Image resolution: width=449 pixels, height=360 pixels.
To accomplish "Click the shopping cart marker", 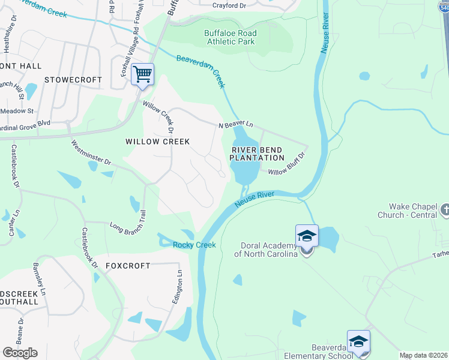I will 142,75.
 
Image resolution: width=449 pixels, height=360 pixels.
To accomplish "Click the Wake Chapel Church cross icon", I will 444,210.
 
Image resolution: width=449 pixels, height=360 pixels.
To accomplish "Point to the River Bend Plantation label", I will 257,154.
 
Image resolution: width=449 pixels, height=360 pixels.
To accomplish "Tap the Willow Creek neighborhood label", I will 157,142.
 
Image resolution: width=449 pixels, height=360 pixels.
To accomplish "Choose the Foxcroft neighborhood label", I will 128,266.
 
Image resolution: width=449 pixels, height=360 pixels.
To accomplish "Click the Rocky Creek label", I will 194,245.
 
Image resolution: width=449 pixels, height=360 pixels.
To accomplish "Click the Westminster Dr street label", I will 91,153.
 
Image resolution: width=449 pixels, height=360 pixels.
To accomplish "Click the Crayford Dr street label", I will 230,5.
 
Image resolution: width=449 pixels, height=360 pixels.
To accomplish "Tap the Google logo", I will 20,353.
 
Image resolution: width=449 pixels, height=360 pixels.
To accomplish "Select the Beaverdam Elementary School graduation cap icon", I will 358,341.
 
